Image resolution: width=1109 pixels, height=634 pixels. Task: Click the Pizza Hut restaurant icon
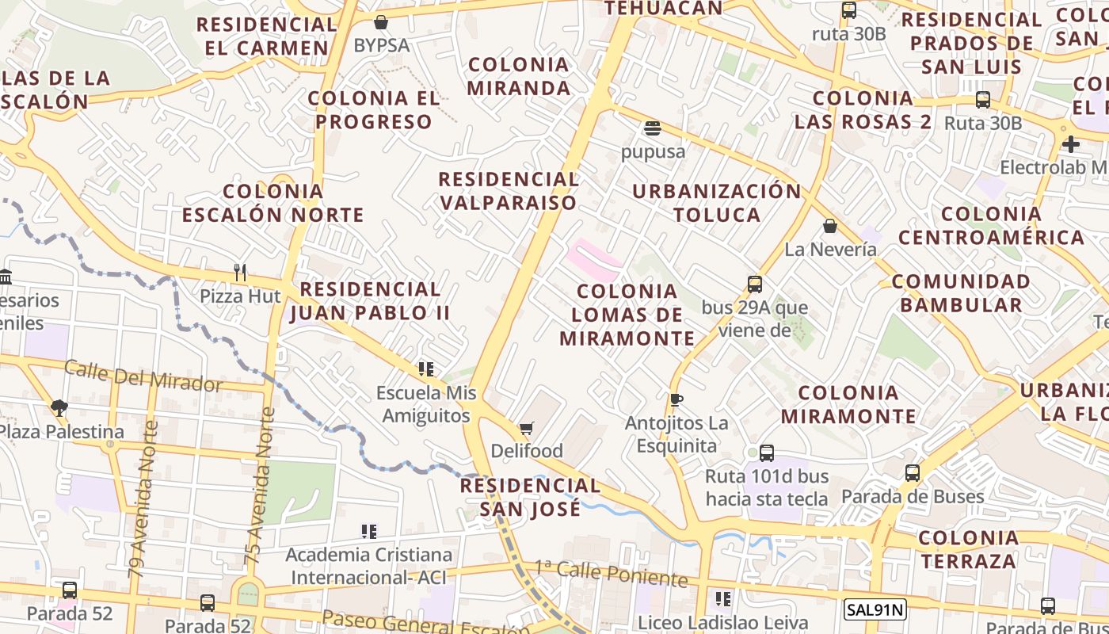(241, 273)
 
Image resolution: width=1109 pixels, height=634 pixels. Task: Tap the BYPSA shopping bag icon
(381, 22)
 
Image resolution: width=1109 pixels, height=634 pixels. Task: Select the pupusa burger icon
(653, 128)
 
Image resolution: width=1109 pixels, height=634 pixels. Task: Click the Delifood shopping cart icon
(526, 429)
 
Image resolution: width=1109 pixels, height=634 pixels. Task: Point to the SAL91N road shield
(875, 609)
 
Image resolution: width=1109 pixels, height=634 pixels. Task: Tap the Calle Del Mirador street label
(143, 376)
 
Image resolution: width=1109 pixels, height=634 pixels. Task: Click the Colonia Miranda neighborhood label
(519, 76)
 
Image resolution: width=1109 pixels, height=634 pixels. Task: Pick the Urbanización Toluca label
(717, 203)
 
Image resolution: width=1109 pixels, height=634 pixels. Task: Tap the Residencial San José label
(530, 497)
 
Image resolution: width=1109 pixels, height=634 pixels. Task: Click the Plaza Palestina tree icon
(59, 408)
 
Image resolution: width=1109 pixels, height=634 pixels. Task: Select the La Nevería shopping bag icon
(829, 227)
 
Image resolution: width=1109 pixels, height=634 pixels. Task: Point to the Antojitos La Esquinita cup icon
(676, 400)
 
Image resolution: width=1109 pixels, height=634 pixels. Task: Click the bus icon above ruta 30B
(849, 11)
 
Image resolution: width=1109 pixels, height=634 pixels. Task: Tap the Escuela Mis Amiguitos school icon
(426, 369)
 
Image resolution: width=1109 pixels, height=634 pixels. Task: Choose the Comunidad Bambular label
(961, 293)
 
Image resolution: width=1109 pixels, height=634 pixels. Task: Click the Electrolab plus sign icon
(1071, 144)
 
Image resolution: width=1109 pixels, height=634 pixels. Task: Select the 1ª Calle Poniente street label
(610, 573)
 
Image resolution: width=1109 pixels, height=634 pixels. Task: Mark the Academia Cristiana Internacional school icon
(368, 532)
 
